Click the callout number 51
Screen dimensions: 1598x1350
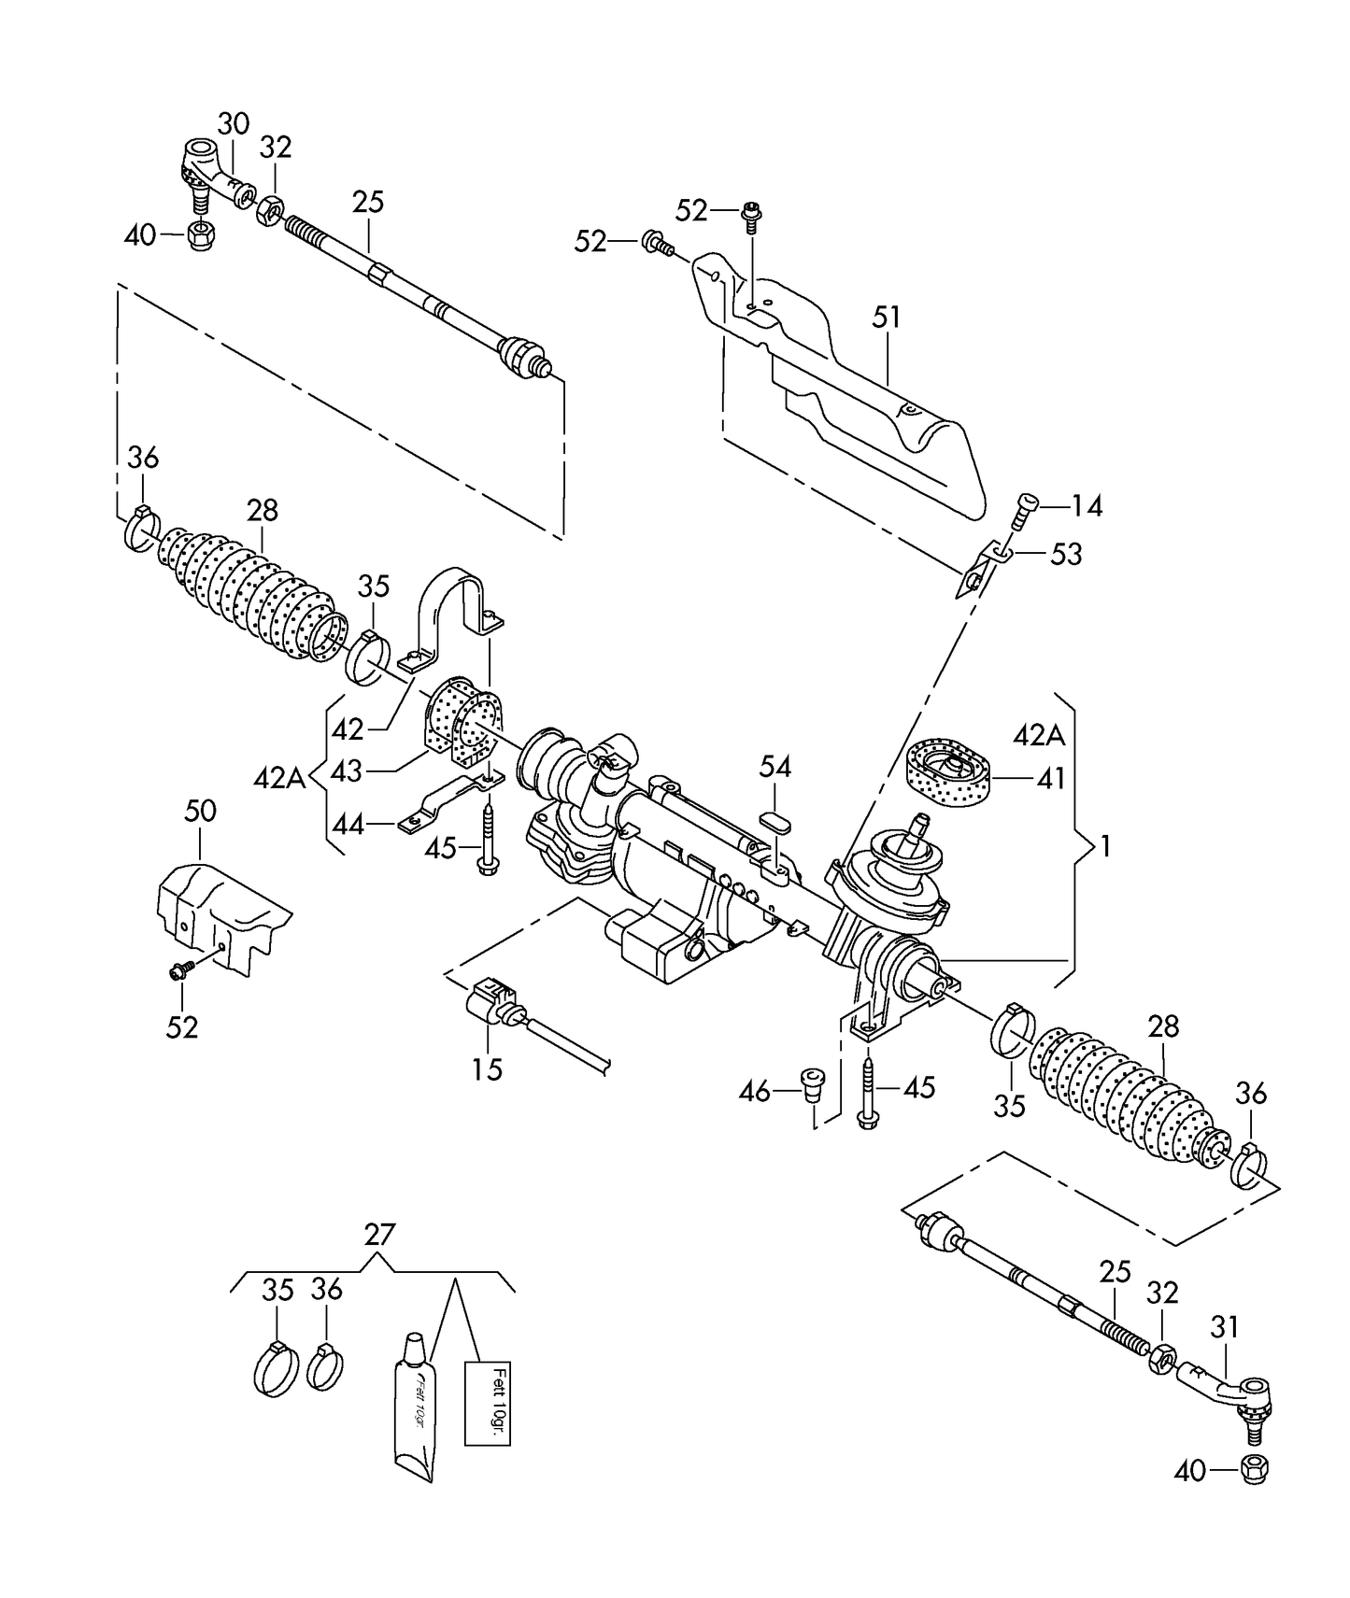click(886, 318)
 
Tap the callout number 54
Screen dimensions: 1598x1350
click(774, 768)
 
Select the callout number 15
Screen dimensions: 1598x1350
click(487, 1068)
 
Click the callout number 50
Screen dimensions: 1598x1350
click(200, 811)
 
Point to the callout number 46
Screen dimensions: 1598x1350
click(755, 1090)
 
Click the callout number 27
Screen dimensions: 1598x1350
click(378, 1235)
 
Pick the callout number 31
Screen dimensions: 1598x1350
click(1224, 1326)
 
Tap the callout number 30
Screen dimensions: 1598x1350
click(234, 123)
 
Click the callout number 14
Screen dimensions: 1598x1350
click(1087, 506)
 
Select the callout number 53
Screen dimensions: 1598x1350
click(1066, 554)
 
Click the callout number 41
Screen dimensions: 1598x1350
click(1051, 778)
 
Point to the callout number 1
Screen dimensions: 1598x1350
click(1105, 847)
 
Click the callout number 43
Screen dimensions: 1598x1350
click(347, 771)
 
